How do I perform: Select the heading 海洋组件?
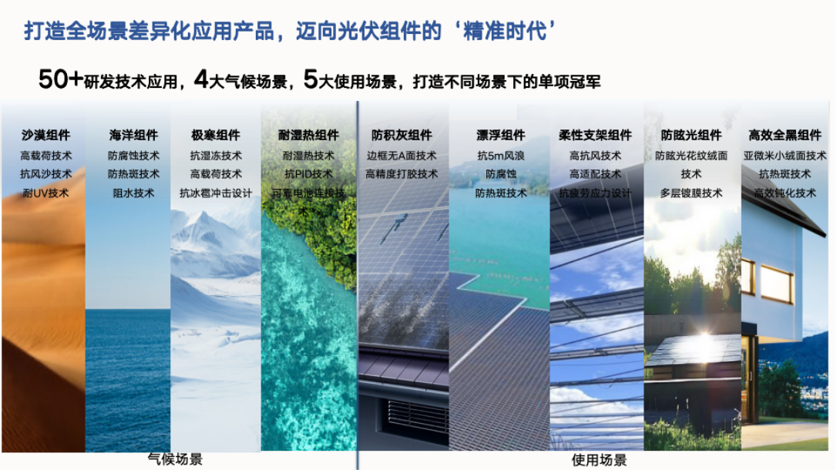point(133,136)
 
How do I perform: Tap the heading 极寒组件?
point(216,136)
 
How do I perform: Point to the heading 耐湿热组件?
point(308,136)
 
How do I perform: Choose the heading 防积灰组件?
point(402,136)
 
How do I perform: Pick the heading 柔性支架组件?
point(595,136)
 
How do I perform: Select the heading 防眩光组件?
point(691,136)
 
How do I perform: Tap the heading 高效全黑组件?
point(785,136)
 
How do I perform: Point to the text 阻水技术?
point(133,193)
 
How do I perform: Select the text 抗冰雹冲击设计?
point(216,193)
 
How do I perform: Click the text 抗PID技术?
point(308,174)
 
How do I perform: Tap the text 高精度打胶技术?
point(402,174)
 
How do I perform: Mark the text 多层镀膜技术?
point(691,193)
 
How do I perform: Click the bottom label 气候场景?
point(175,459)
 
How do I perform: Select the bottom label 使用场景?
point(599,460)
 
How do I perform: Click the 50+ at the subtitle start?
point(60,79)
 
